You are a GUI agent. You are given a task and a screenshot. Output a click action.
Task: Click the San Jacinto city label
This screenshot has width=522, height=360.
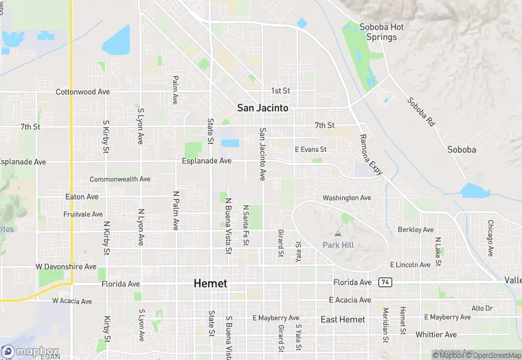[262, 108]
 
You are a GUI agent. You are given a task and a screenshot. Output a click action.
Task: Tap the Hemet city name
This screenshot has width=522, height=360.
[210, 283]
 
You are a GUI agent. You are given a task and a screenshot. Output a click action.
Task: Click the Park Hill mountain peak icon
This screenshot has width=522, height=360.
[337, 234]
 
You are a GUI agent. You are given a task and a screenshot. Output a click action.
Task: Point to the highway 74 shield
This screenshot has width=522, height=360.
[385, 282]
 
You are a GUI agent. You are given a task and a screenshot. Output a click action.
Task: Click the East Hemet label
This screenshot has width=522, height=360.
[343, 319]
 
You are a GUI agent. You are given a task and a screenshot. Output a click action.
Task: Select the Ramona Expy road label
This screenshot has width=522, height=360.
[371, 155]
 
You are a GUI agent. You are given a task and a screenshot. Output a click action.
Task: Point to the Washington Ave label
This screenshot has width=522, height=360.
[347, 198]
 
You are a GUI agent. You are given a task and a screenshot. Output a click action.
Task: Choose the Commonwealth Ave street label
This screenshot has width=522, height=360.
[120, 179]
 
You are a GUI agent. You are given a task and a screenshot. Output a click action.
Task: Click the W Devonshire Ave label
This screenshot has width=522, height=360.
[66, 266]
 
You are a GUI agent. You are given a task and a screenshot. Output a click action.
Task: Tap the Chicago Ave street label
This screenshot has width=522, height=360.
[490, 238]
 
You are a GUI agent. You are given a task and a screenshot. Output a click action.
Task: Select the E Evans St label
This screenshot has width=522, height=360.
[310, 149]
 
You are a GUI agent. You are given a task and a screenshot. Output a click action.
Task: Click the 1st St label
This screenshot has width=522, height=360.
[280, 91]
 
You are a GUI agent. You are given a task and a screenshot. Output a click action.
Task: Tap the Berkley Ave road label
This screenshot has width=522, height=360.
[416, 229]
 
